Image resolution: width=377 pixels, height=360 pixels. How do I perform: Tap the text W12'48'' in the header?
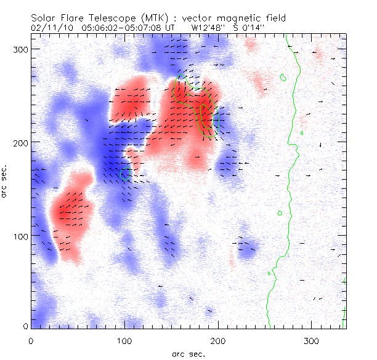(x=206, y=28)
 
